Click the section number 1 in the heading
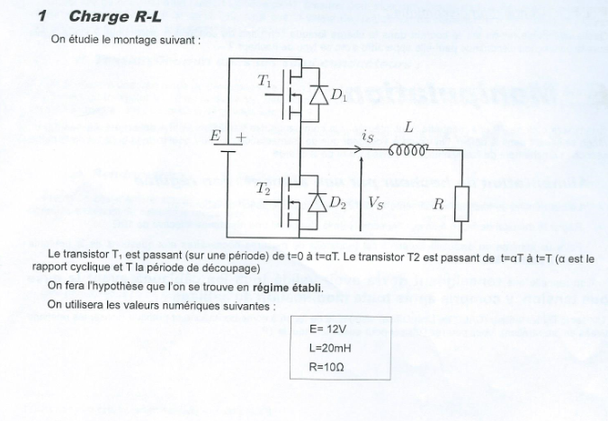coord(41,16)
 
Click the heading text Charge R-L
coord(115,16)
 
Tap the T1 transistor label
coord(266,82)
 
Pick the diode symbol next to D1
coord(317,94)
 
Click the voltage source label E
coord(215,137)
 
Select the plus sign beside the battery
coord(240,138)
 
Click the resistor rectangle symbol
coord(460,203)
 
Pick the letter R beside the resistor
coord(438,204)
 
